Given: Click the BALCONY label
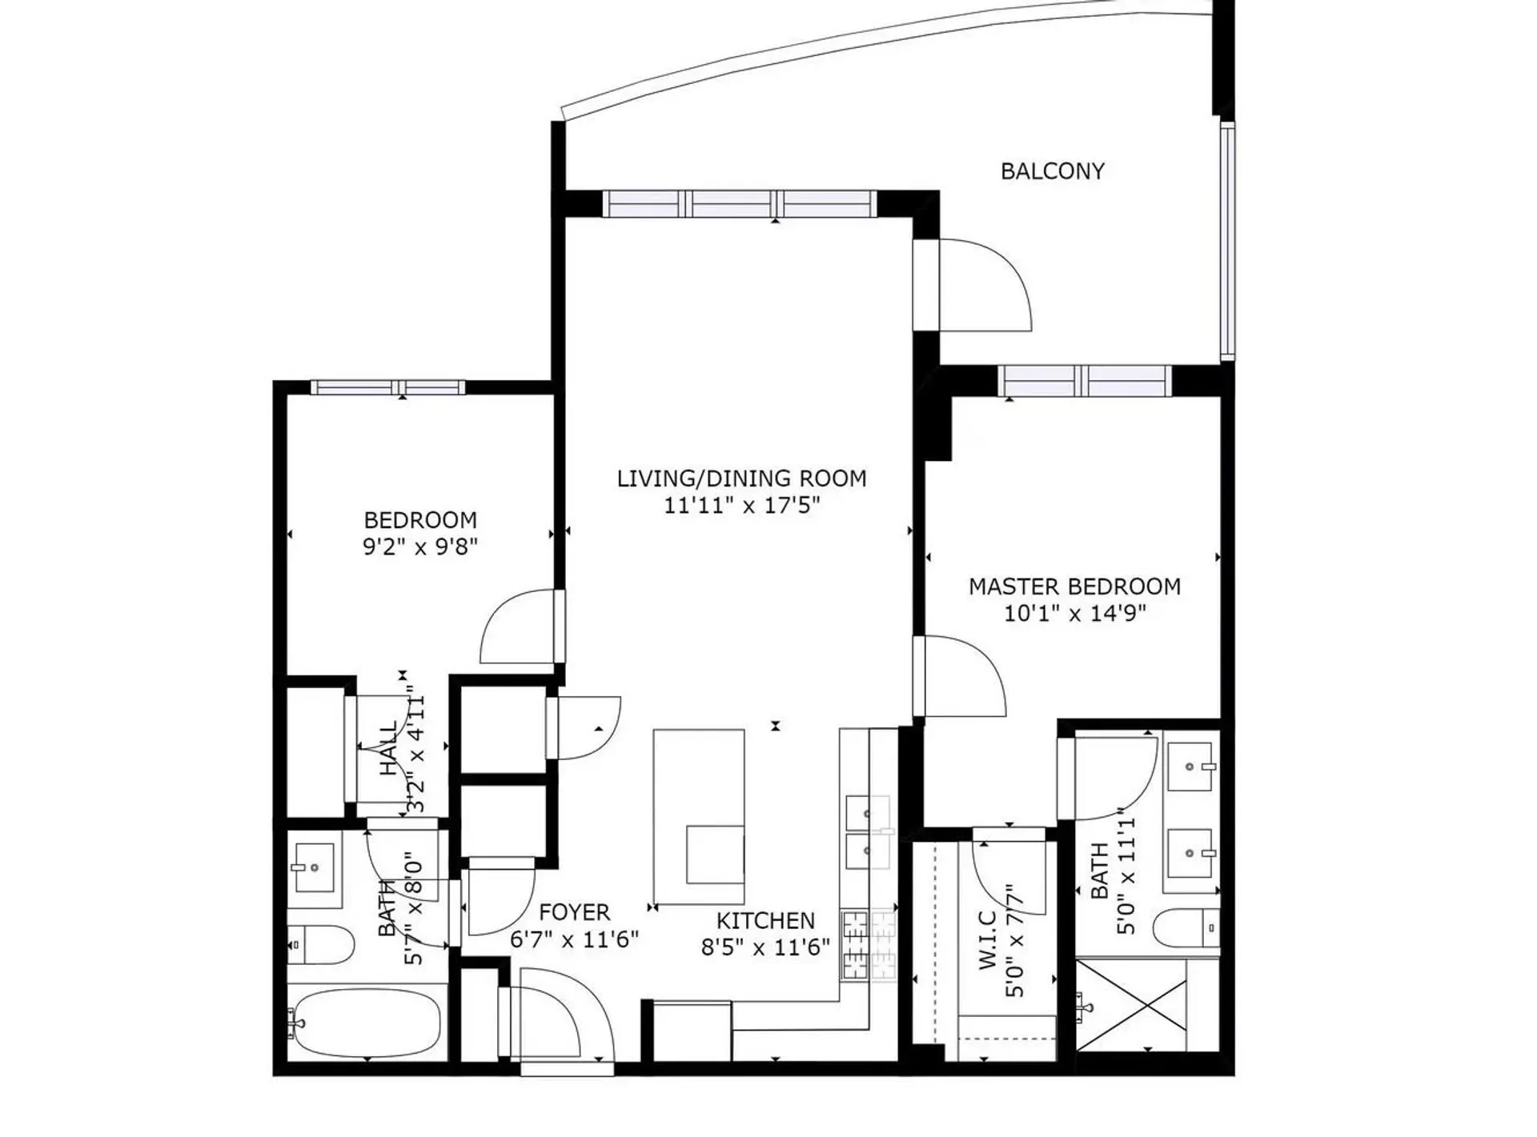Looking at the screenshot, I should point(1052,171).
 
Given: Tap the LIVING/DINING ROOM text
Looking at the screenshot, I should point(741,478).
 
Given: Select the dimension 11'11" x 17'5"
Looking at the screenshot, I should point(741,506).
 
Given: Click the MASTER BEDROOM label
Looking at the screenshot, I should point(1074,587).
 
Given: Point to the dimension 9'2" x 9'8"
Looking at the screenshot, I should point(420,547).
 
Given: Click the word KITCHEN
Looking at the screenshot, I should point(765,920).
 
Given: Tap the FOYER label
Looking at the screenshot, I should point(574,912).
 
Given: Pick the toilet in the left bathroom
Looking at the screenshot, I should point(324,946).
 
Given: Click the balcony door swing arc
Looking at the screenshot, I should point(989,285).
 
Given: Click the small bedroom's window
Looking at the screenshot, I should point(387,387).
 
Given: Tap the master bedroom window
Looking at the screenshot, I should point(1085,380).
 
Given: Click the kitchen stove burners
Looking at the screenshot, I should point(869,946).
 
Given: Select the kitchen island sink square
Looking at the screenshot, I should point(715,854).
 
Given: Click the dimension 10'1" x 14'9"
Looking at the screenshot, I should point(1074,614).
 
